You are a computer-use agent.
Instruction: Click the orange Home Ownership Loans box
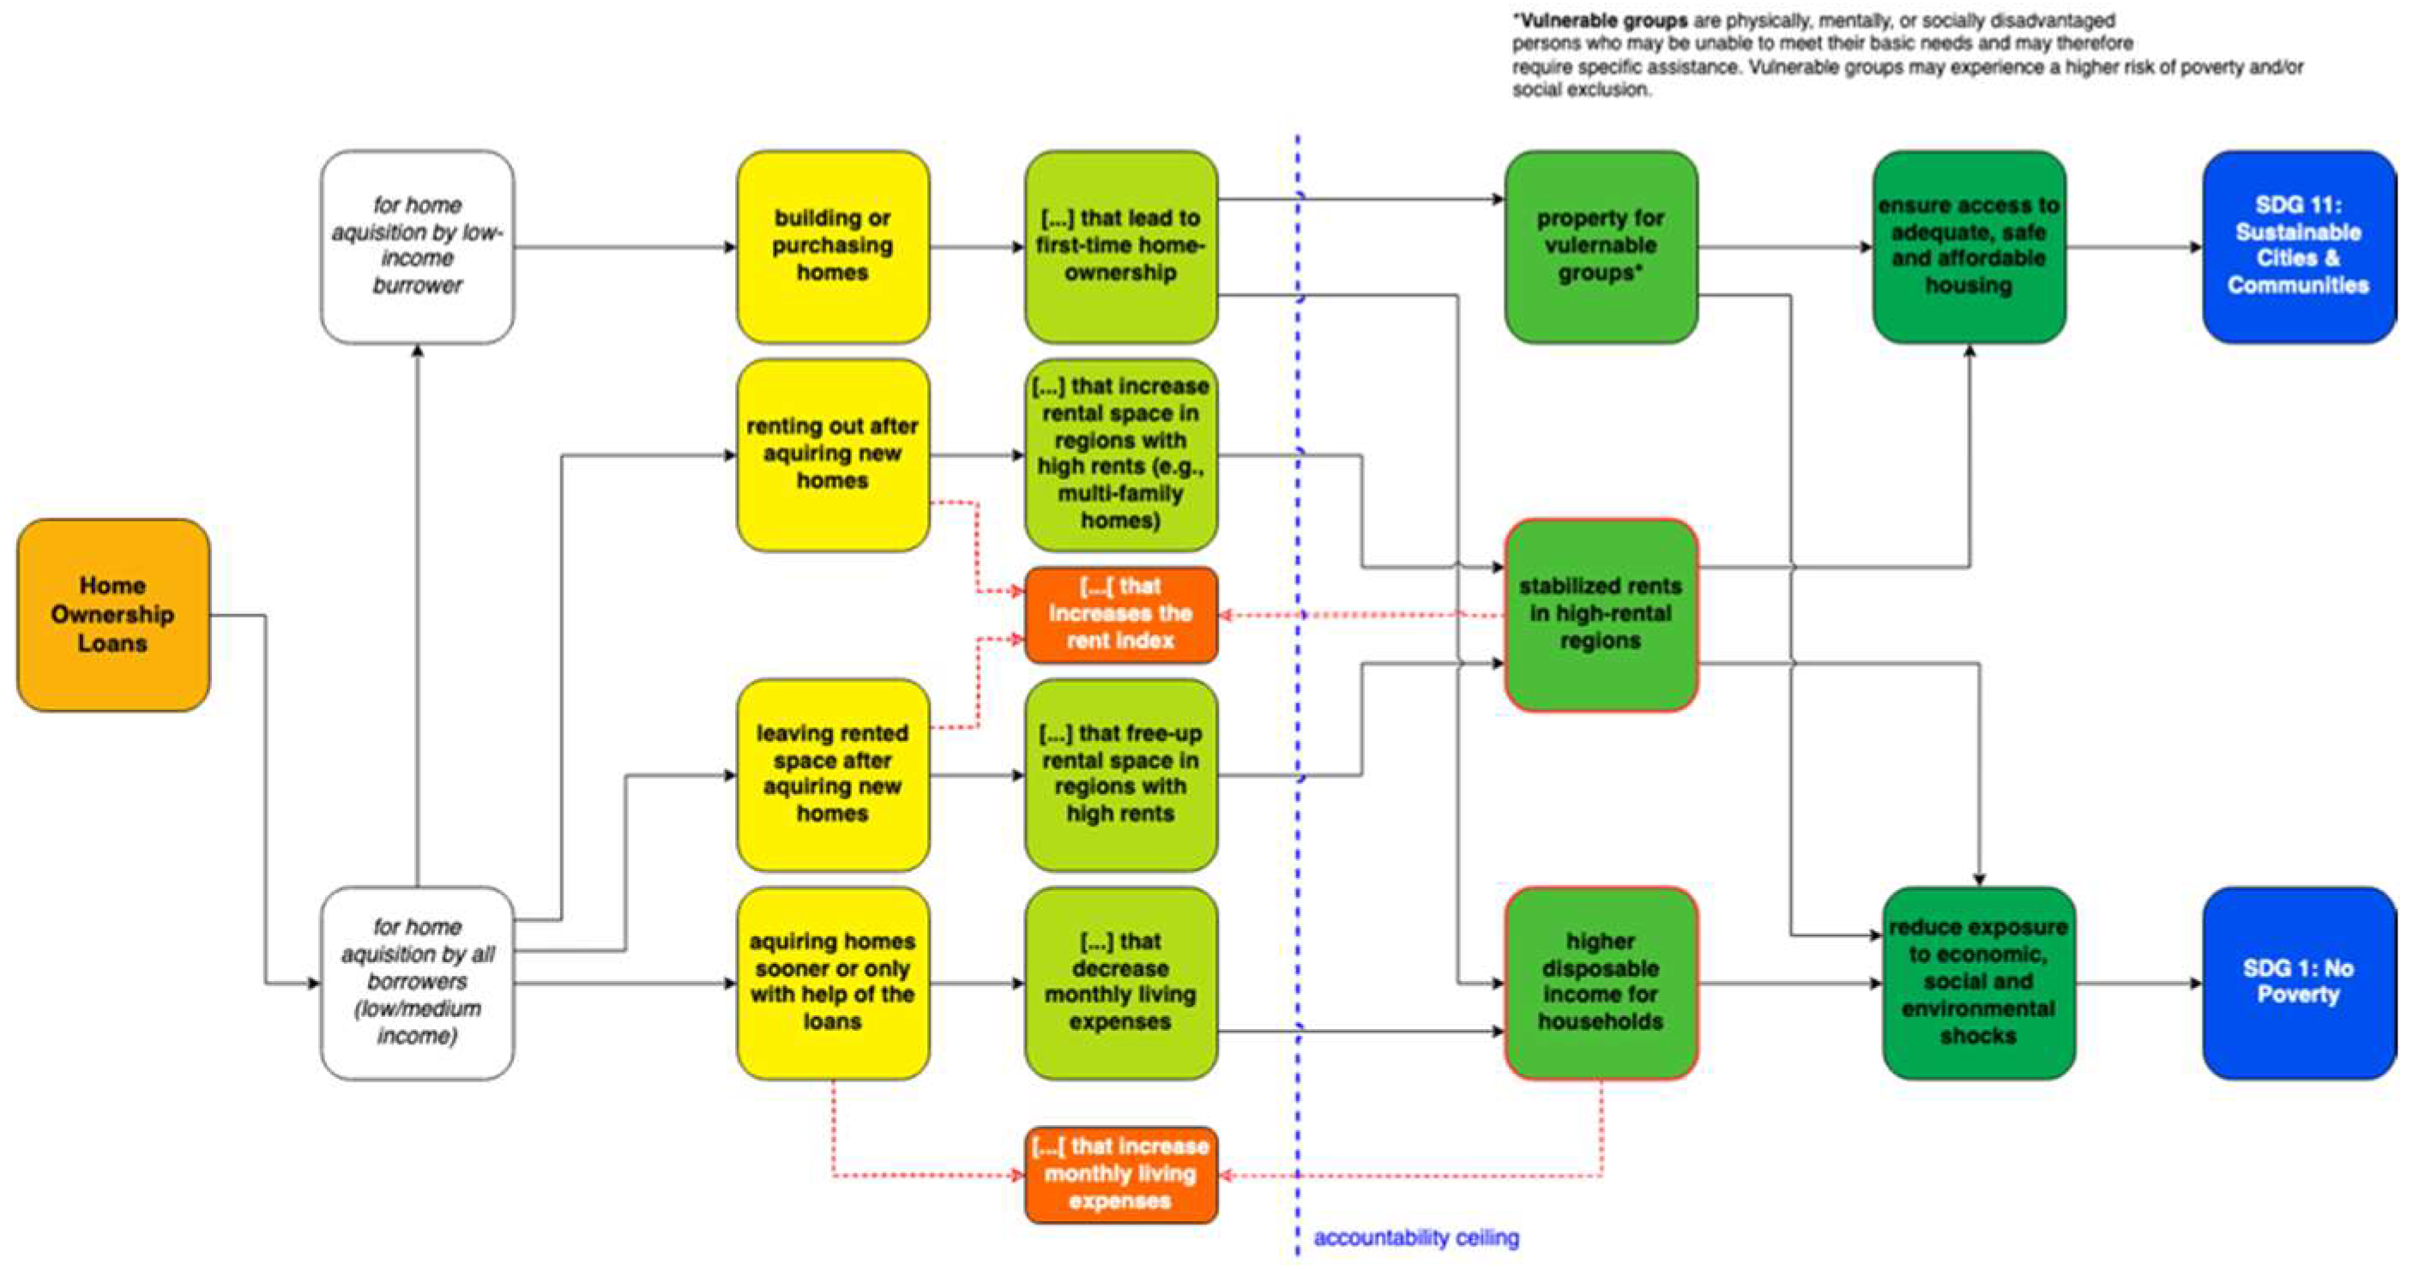(x=112, y=615)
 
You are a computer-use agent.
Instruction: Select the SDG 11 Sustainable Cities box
(x=2298, y=246)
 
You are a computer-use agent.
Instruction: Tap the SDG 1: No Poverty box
(x=2298, y=982)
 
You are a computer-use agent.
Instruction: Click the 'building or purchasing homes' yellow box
(x=832, y=246)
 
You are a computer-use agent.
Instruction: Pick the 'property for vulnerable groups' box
(x=1601, y=246)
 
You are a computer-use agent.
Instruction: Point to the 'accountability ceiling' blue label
(x=1416, y=1237)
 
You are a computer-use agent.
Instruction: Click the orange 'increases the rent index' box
(x=1121, y=614)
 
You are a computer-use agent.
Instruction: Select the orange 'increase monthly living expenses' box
(x=1121, y=1174)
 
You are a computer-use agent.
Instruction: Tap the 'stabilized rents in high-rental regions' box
(x=1601, y=614)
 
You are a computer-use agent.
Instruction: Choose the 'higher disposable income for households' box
(x=1601, y=982)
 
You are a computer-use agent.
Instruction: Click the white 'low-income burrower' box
(x=417, y=246)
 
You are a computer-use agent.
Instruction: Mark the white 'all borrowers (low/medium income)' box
(x=417, y=982)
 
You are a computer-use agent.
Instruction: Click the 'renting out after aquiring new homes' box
(x=832, y=454)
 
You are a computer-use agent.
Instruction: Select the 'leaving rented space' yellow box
(x=832, y=774)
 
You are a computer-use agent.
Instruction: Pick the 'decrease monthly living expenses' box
(x=1121, y=982)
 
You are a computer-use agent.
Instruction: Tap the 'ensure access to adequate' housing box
(x=1969, y=246)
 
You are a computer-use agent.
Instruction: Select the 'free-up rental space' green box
(x=1121, y=774)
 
